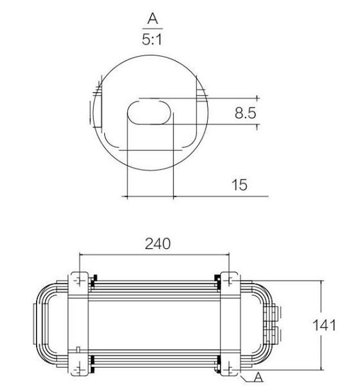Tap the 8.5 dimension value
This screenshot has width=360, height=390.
point(245,114)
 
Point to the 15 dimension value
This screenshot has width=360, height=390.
point(239,185)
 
